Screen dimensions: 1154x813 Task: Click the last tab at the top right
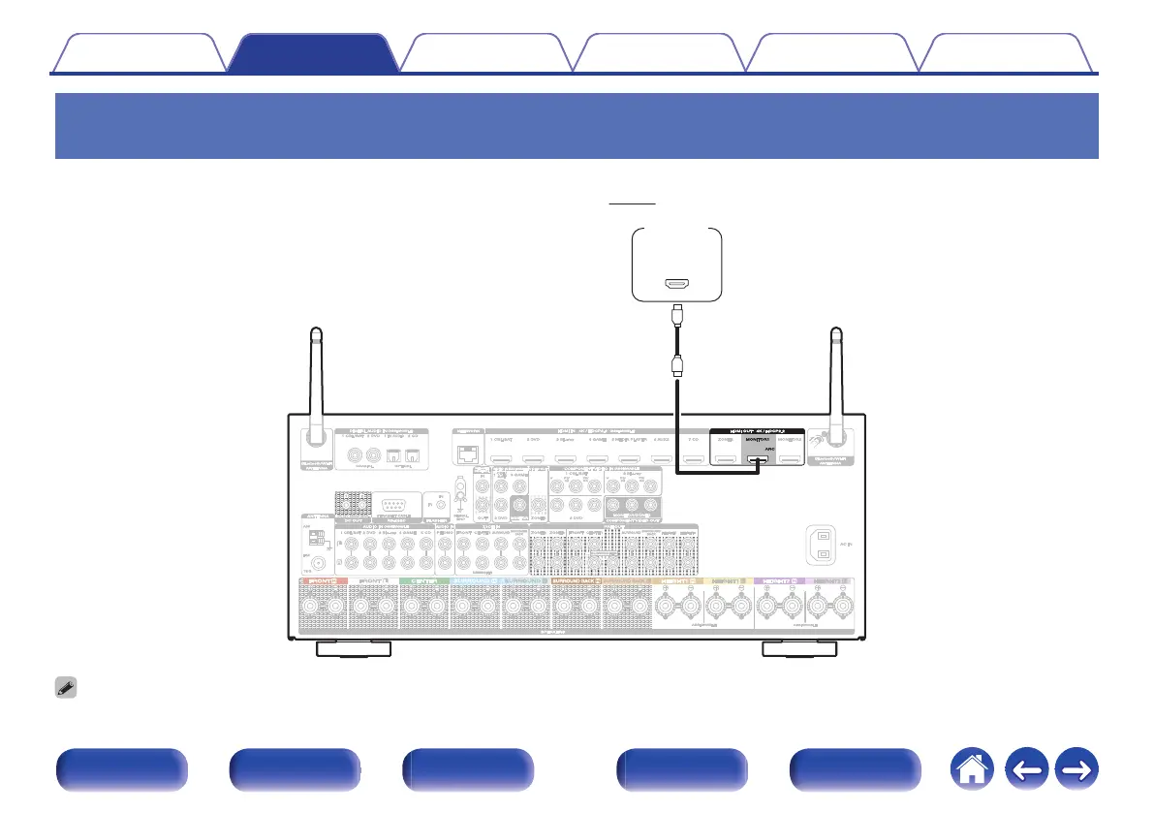coord(1008,54)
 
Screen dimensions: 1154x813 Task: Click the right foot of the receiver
coord(803,648)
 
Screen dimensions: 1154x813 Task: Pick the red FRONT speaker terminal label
coord(323,580)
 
